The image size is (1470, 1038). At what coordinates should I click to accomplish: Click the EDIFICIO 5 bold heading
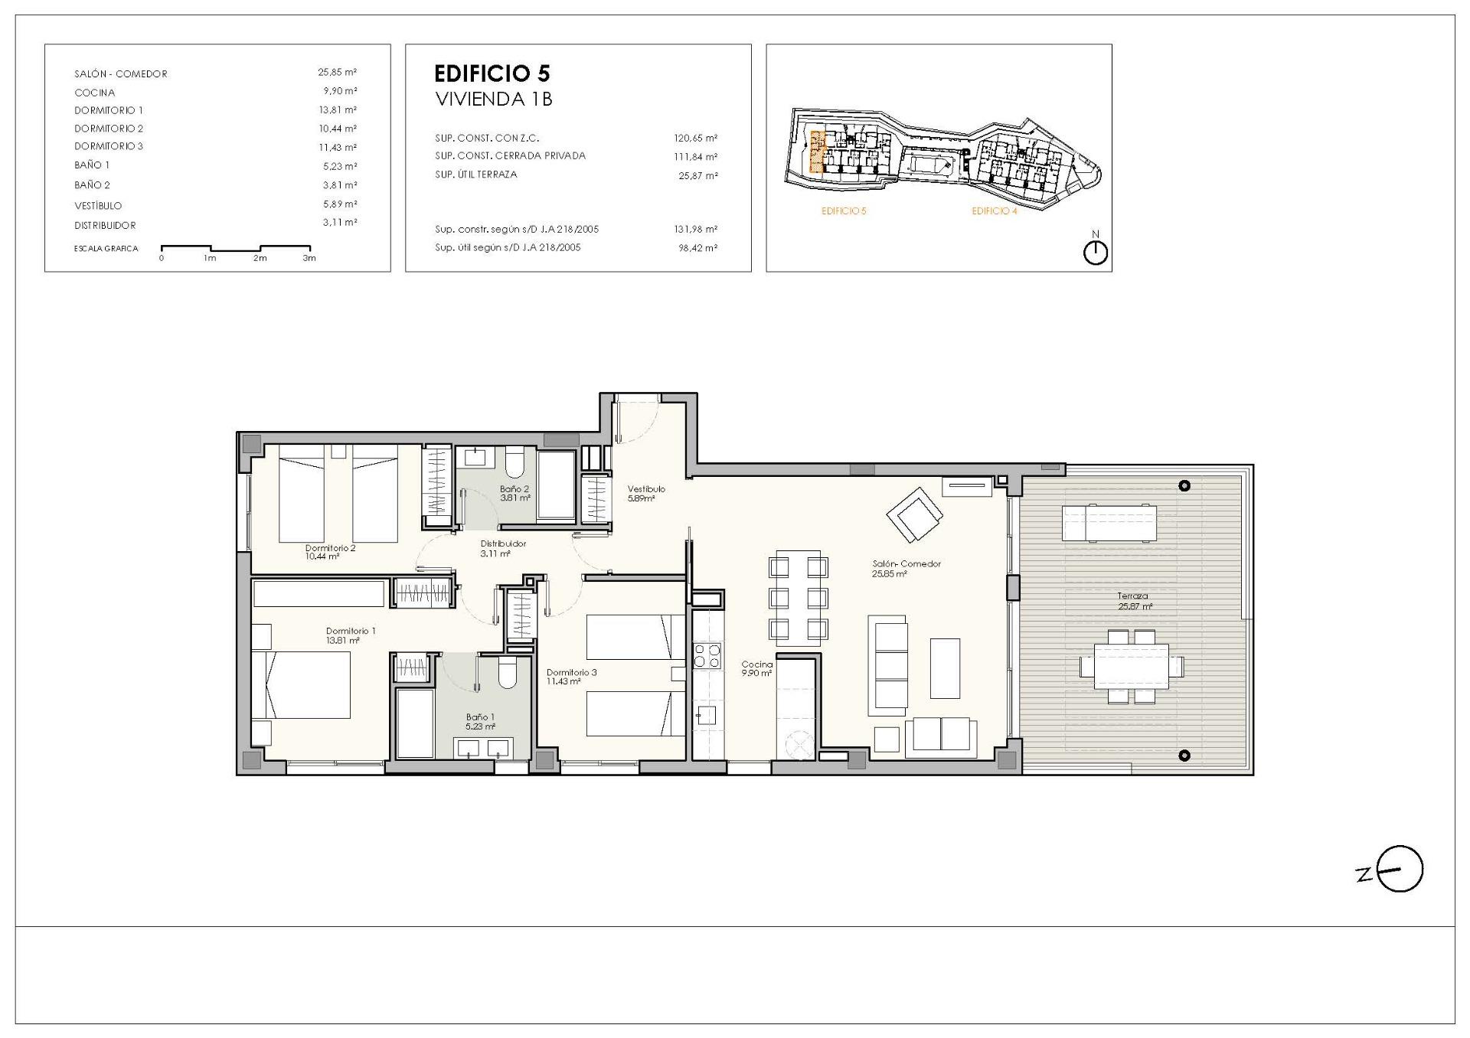pyautogui.click(x=492, y=73)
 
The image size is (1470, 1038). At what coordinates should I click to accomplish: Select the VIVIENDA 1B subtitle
pyautogui.click(x=493, y=100)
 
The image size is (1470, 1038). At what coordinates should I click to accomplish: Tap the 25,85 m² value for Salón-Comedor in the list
pyautogui.click(x=337, y=73)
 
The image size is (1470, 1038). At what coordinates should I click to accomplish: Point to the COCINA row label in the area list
pyautogui.click(x=95, y=93)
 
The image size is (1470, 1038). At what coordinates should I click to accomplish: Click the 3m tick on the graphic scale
pyautogui.click(x=309, y=258)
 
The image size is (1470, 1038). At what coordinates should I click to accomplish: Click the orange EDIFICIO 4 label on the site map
pyautogui.click(x=995, y=211)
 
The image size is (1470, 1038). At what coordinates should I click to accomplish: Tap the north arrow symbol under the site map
pyautogui.click(x=1096, y=253)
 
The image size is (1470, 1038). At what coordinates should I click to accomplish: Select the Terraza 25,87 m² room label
pyautogui.click(x=1134, y=601)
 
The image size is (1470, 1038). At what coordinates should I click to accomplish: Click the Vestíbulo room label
pyautogui.click(x=646, y=493)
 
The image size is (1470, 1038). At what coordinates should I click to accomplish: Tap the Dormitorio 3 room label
pyautogui.click(x=571, y=677)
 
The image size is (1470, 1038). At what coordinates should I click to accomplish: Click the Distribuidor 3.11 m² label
pyautogui.click(x=503, y=548)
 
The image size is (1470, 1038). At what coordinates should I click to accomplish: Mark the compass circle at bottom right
pyautogui.click(x=1400, y=869)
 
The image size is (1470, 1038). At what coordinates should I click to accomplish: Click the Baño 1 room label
pyautogui.click(x=480, y=722)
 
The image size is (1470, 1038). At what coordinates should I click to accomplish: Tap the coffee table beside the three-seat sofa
pyautogui.click(x=945, y=668)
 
